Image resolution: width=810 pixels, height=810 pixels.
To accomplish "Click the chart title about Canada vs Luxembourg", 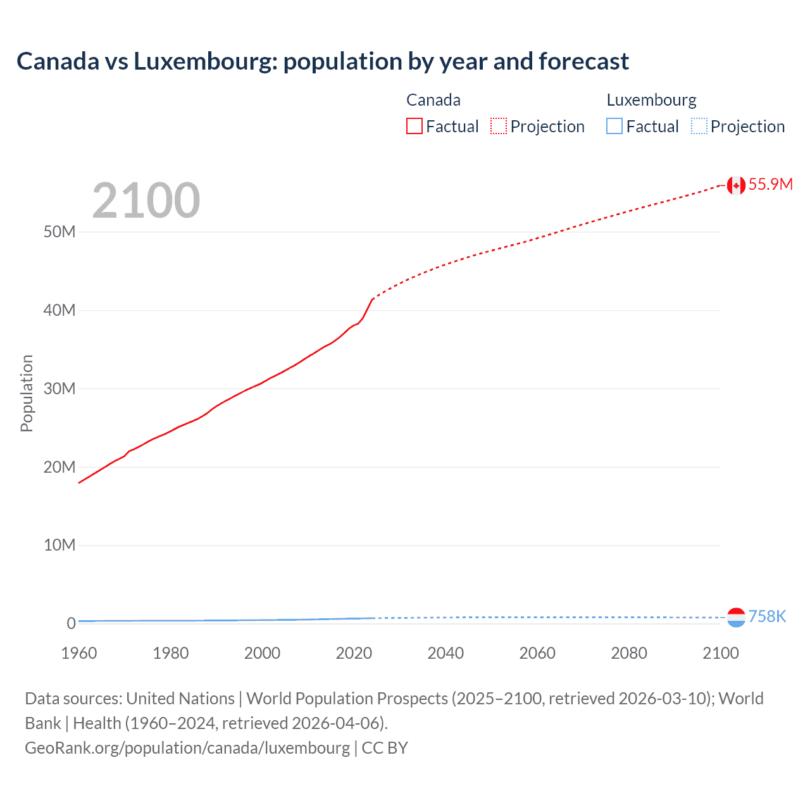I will point(323,61).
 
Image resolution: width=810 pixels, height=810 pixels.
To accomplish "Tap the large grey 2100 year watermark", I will point(146,201).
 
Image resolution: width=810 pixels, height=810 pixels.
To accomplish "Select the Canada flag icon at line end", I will point(735,185).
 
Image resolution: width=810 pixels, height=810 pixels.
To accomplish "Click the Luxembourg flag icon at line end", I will point(735,617).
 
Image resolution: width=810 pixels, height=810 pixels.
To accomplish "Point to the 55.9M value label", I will point(770,184).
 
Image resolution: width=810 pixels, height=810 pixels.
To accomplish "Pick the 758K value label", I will point(767,616).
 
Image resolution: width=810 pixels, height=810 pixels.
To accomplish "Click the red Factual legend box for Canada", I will point(414,127).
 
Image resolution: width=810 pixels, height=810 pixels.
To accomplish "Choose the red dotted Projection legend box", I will point(499,127).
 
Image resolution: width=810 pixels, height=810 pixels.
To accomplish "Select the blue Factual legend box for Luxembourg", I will point(614,127).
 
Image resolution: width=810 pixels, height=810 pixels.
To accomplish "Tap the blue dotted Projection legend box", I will point(699,127).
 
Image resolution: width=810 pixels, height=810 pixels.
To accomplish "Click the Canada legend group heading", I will point(433,100).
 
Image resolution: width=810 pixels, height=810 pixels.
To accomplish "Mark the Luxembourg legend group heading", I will point(651,100).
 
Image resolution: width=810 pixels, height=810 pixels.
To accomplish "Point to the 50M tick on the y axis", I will point(59,232).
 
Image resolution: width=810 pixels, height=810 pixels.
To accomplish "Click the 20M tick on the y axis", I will point(59,467).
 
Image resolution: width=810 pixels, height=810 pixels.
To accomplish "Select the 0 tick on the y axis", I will point(71,623).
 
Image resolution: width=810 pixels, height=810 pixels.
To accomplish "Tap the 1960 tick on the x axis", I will point(79,653).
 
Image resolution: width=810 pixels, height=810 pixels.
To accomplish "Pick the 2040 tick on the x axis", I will point(445,653).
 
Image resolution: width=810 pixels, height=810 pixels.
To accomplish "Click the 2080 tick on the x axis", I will point(629,653).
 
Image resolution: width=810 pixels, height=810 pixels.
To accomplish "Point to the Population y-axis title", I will point(27,393).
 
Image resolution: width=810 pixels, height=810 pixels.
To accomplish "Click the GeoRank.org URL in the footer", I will point(187,748).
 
